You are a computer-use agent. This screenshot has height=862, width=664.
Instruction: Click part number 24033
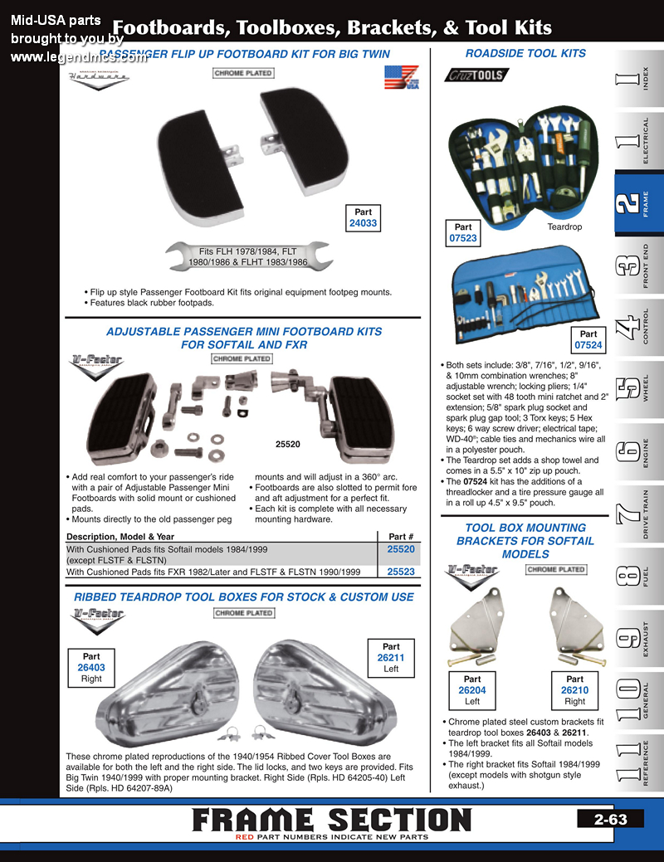click(x=363, y=223)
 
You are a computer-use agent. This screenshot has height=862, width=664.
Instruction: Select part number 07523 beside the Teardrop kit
click(x=463, y=238)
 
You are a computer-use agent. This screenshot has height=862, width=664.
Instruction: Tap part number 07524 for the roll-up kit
click(x=588, y=345)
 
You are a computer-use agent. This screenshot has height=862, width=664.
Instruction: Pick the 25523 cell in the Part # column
click(x=401, y=572)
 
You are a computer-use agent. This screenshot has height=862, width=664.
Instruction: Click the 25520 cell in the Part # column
click(x=401, y=549)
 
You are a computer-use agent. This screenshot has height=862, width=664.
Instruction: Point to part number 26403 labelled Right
click(x=91, y=667)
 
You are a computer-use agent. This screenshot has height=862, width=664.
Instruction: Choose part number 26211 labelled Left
click(x=391, y=658)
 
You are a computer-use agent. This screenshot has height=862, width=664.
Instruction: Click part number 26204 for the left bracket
click(x=472, y=690)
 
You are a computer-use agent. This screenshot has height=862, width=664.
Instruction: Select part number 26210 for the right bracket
click(x=574, y=690)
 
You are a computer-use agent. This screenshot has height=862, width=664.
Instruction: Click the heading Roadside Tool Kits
click(x=525, y=53)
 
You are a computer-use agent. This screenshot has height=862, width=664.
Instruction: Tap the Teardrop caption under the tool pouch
click(x=564, y=226)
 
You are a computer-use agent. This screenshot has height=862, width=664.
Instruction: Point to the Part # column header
click(x=401, y=536)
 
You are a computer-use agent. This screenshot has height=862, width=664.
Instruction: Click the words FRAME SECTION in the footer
click(x=331, y=819)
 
